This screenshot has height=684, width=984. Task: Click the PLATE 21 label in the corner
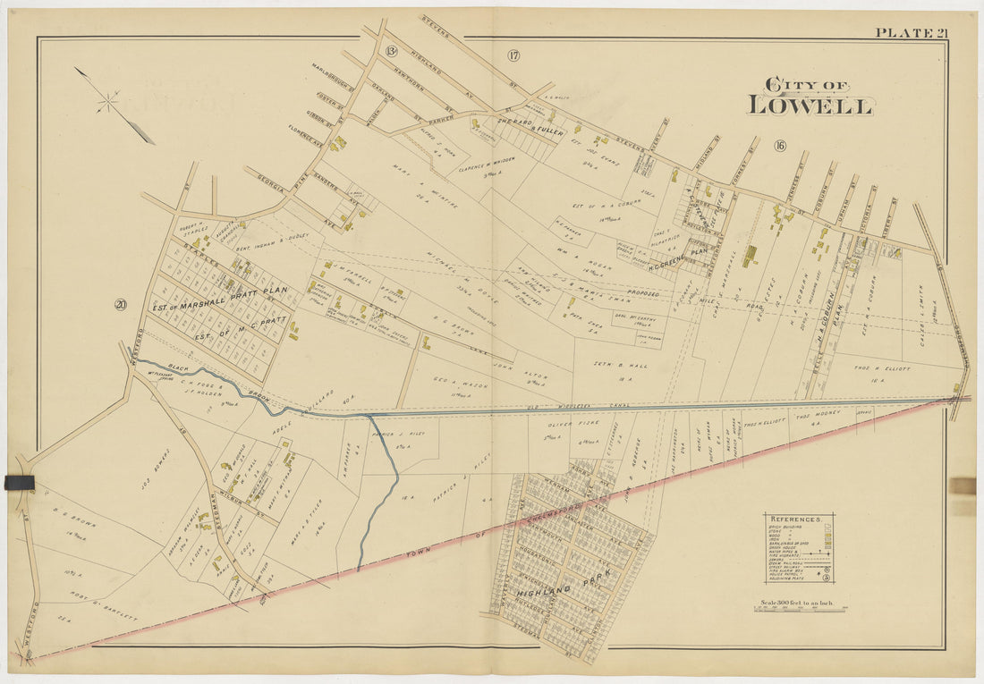[911, 33]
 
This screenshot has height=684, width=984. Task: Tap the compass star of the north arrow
[107, 102]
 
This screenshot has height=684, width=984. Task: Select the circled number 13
[391, 52]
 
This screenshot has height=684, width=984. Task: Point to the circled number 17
[513, 55]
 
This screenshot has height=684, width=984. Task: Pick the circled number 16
[779, 146]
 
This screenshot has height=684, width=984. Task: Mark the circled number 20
[120, 305]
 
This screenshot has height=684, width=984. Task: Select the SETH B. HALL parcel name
[620, 366]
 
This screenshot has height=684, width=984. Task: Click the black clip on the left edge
[19, 483]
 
